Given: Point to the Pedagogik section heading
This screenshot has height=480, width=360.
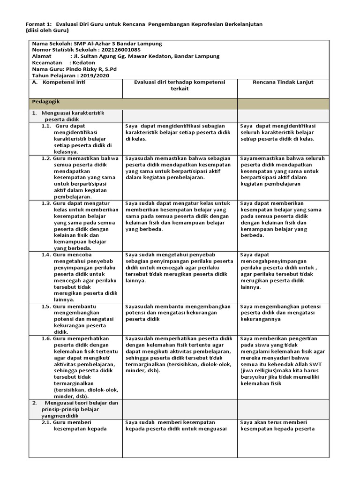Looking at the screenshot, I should (45, 101).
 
